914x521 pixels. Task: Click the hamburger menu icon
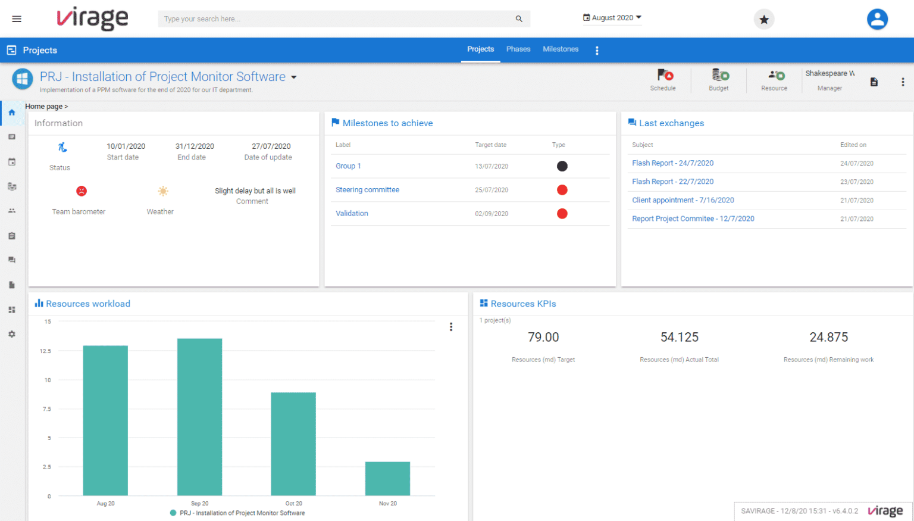[17, 19]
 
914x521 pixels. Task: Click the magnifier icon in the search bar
[519, 19]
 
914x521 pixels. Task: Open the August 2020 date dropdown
[612, 18]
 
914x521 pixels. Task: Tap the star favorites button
[764, 20]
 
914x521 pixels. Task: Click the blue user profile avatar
[877, 19]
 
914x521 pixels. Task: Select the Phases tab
[518, 49]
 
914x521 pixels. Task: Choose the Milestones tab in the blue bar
[560, 49]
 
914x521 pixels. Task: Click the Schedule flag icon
[664, 76]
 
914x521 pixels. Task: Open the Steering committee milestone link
[367, 190]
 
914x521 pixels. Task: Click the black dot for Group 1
[562, 166]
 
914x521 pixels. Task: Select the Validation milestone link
[352, 214]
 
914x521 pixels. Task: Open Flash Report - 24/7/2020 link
[672, 163]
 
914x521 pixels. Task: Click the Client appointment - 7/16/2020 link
[683, 201]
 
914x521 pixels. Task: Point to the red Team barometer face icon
[82, 191]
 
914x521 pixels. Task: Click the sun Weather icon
[162, 191]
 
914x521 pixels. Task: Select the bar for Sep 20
[200, 417]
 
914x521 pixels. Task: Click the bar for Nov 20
[387, 479]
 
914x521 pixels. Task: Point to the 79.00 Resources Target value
[543, 338]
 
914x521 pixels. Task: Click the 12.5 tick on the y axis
[45, 351]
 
